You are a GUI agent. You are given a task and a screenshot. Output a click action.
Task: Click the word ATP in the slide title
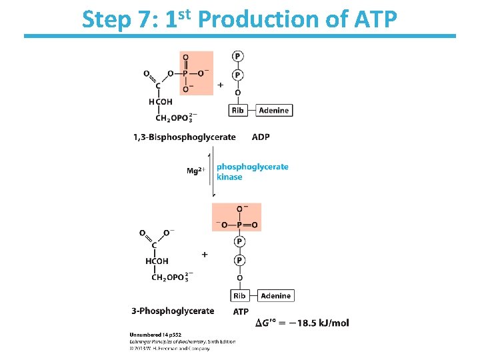coord(373,21)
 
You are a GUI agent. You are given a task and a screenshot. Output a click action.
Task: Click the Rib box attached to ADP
coord(238,110)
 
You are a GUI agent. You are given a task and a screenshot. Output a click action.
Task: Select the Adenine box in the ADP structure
coord(273,110)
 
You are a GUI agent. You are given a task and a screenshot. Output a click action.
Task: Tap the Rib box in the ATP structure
coord(239,295)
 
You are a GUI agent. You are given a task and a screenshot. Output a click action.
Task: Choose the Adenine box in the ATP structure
coord(275,295)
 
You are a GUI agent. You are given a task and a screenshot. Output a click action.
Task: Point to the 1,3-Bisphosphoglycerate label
coord(185,137)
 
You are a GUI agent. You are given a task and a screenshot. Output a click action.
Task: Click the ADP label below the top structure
coord(261,137)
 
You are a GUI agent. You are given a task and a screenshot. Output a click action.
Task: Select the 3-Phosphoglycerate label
coord(173,311)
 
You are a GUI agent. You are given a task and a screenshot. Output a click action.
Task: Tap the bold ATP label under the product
coord(241,311)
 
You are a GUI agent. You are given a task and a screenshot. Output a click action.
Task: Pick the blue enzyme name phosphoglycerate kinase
coord(252,171)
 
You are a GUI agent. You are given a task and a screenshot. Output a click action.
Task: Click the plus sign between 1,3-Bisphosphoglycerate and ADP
coord(221,85)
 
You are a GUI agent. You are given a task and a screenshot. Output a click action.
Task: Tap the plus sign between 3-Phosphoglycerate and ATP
coord(204,254)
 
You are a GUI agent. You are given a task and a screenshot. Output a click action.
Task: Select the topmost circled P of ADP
coord(238,56)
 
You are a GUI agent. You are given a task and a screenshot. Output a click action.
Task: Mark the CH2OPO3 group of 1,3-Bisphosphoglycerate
coord(174,118)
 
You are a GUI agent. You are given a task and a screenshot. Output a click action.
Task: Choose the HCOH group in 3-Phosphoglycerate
coord(157,261)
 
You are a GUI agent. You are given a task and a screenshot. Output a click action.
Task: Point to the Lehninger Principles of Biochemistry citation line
coord(181,342)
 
